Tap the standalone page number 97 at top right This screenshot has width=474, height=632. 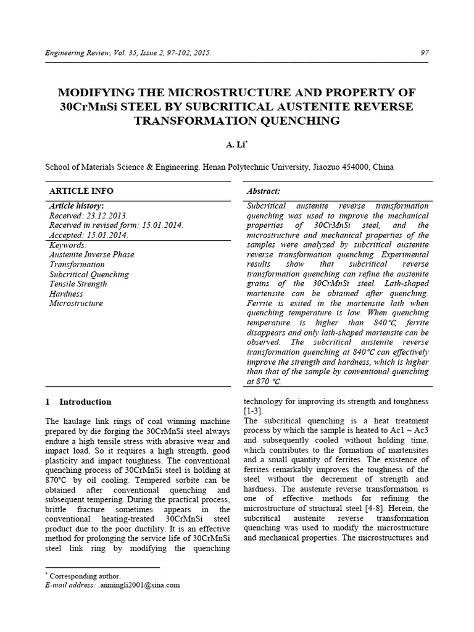click(x=424, y=53)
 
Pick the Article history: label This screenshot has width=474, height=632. click(x=76, y=206)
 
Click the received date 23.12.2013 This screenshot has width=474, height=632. click(x=106, y=215)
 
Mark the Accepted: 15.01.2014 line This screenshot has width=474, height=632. click(x=88, y=235)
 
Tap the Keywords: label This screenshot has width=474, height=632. click(x=68, y=245)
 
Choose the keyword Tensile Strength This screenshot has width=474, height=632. click(x=78, y=284)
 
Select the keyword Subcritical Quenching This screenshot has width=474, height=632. click(x=89, y=274)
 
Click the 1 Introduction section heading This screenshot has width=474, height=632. click(x=78, y=402)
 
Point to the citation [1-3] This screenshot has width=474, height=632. click(x=254, y=411)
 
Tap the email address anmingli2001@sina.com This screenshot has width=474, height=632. click(x=140, y=584)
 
